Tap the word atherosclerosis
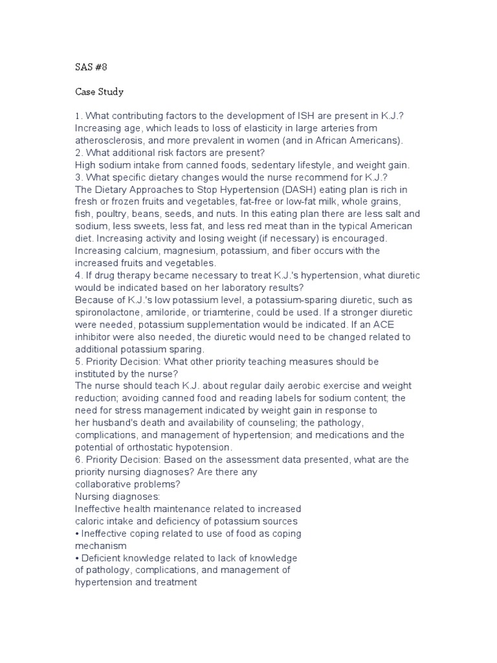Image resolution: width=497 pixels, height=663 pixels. click(x=113, y=140)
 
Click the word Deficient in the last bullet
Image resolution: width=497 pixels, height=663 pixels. click(x=102, y=558)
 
